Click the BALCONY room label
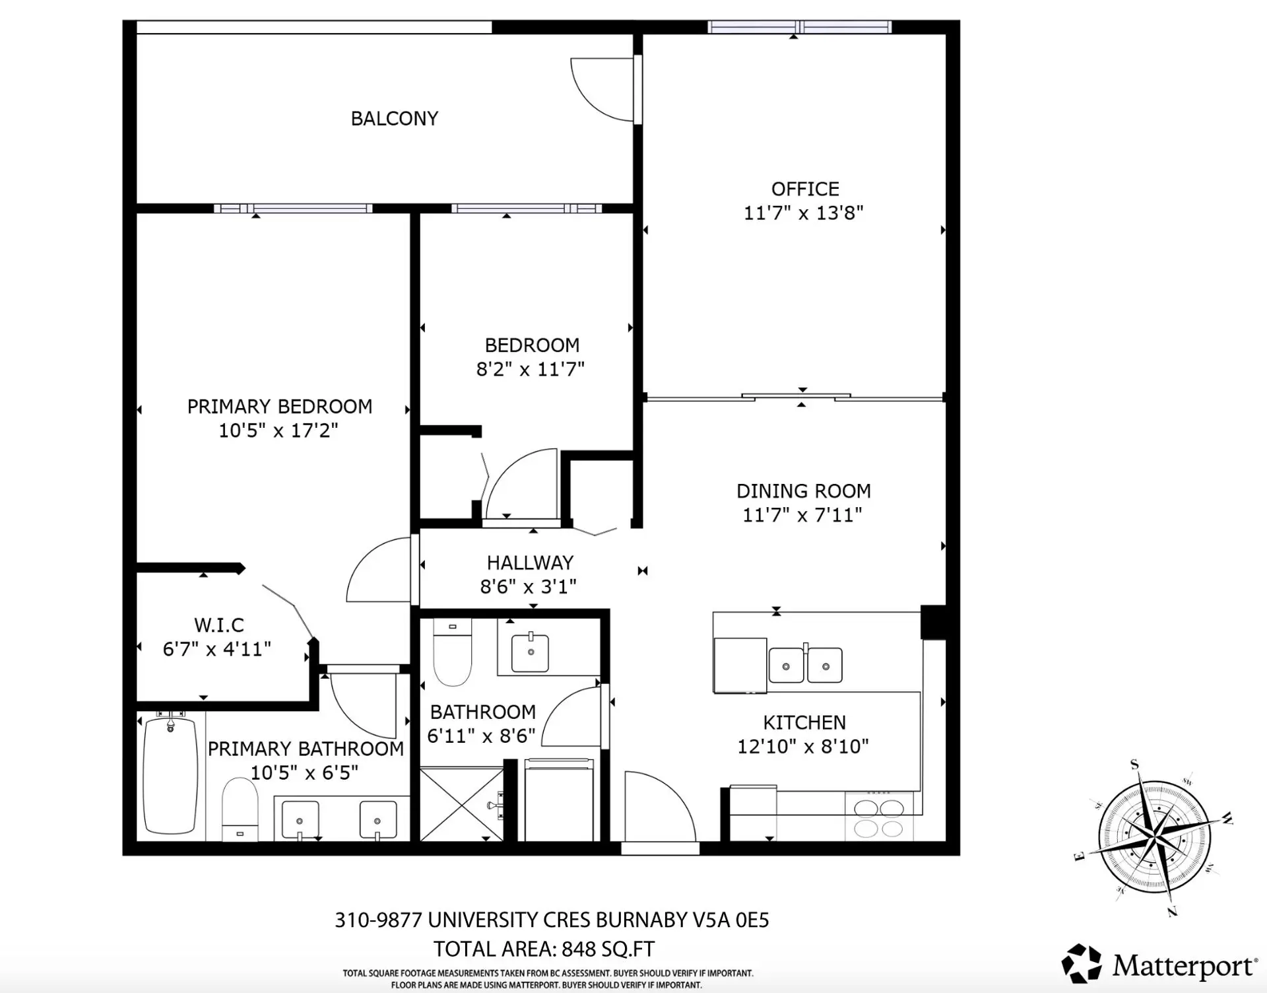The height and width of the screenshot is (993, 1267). [394, 119]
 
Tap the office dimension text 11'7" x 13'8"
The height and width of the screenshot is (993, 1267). [803, 213]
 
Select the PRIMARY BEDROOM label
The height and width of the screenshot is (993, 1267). [280, 407]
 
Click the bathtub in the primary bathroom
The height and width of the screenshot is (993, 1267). [170, 775]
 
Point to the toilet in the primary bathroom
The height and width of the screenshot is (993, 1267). [239, 808]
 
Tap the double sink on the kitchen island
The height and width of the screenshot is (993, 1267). [806, 665]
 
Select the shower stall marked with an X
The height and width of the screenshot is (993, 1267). [461, 804]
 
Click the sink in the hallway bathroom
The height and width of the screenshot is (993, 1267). [530, 652]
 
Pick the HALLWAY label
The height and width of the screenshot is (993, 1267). [530, 563]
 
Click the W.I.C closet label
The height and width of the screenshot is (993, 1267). [219, 625]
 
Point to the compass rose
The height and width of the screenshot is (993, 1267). [1155, 839]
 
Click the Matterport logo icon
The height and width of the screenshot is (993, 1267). [1081, 963]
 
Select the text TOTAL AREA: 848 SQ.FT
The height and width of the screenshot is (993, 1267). [544, 949]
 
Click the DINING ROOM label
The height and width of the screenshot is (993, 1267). [803, 491]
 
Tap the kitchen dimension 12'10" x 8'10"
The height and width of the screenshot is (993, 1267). [802, 747]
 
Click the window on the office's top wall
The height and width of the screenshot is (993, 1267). [799, 27]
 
